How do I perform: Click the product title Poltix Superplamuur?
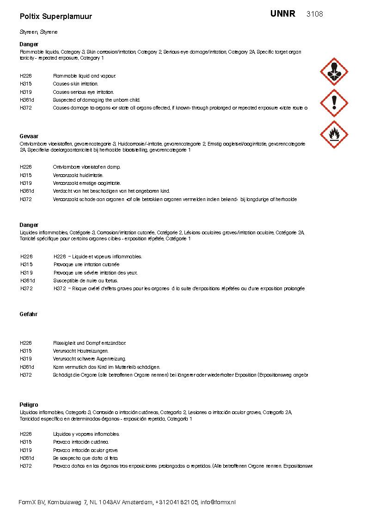click(x=56, y=17)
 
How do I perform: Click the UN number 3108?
click(x=314, y=14)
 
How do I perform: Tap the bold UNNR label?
click(x=283, y=13)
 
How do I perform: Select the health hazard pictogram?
click(x=334, y=72)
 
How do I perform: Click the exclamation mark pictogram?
click(x=334, y=103)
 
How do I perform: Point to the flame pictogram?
click(x=334, y=134)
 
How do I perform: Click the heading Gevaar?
click(x=29, y=136)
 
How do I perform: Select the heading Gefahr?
click(x=28, y=314)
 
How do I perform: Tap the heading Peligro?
click(x=29, y=405)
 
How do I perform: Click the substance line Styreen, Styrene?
click(x=38, y=32)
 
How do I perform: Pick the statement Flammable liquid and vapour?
click(x=84, y=76)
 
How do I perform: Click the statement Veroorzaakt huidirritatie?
click(x=78, y=175)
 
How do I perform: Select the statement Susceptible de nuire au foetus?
click(x=86, y=281)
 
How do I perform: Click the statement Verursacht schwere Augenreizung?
click(x=89, y=359)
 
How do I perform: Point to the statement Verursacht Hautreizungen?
click(x=81, y=351)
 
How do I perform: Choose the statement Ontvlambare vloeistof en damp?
click(x=86, y=167)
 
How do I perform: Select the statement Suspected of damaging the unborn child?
click(x=96, y=100)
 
